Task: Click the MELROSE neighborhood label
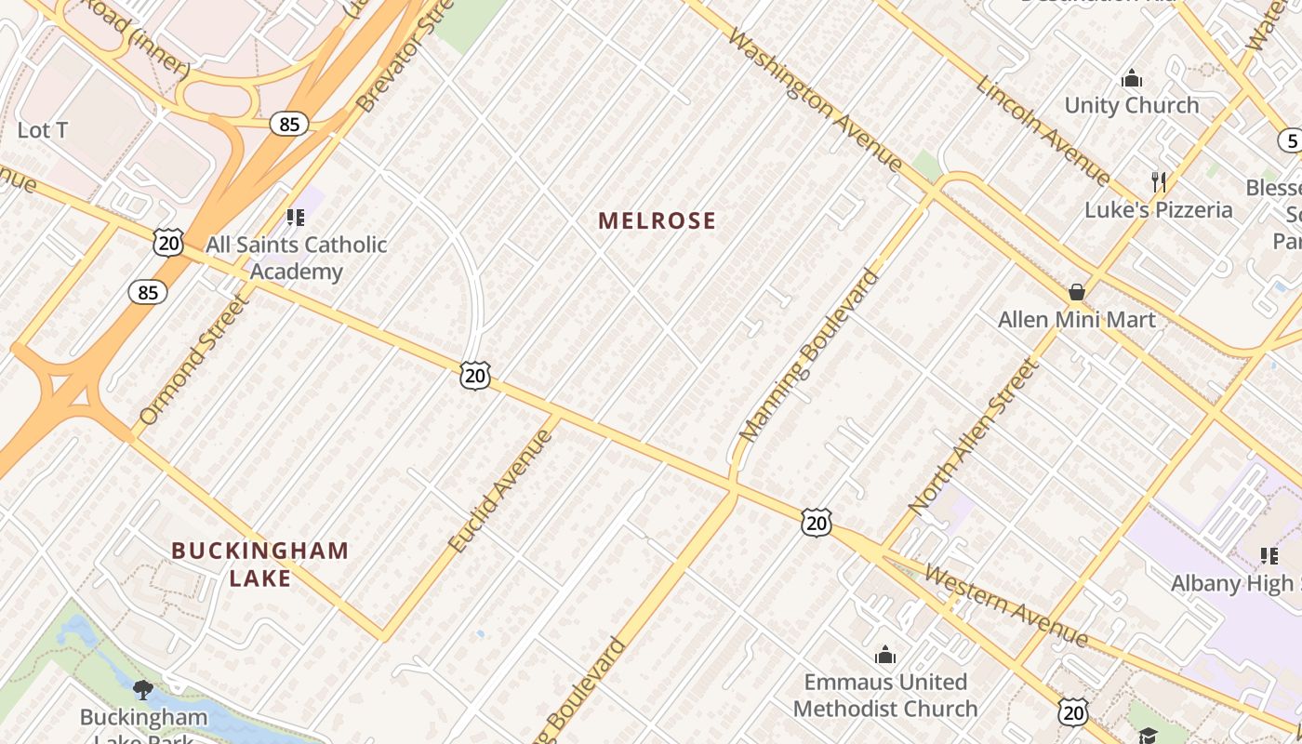657,220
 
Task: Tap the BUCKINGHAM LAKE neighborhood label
259,564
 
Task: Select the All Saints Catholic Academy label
296,259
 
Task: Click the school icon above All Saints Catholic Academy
296,218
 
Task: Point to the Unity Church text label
1132,105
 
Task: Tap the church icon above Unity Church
1132,77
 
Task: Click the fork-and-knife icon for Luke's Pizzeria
1158,181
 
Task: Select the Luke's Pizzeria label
1158,210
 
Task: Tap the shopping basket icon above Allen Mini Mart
1077,292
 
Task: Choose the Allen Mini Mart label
1077,320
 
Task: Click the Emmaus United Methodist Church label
885,695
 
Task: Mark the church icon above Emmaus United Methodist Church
885,656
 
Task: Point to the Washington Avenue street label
815,100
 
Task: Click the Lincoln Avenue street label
1043,130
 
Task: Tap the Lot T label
43,130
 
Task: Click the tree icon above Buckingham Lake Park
142,689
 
